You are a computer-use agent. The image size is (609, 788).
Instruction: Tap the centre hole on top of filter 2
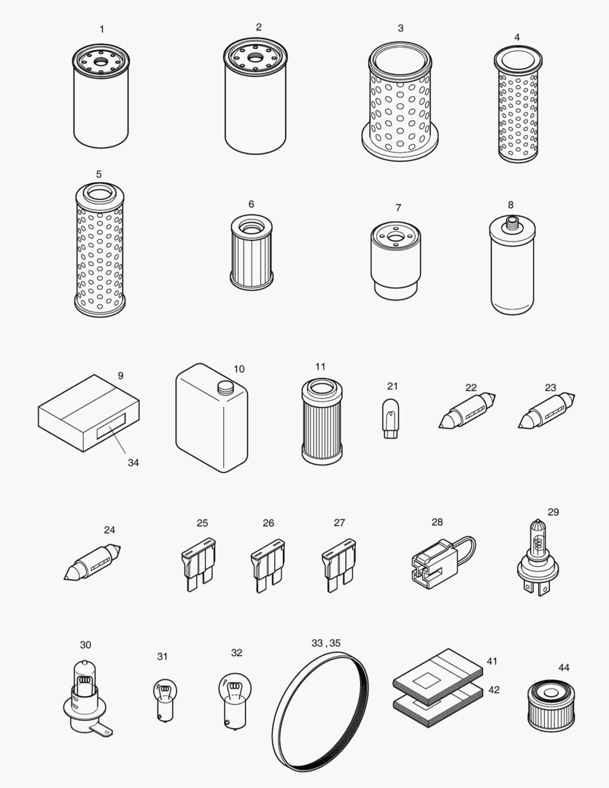pos(255,56)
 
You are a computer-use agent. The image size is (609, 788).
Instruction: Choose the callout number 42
pos(494,689)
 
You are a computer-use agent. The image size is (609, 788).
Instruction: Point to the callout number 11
pos(320,366)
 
